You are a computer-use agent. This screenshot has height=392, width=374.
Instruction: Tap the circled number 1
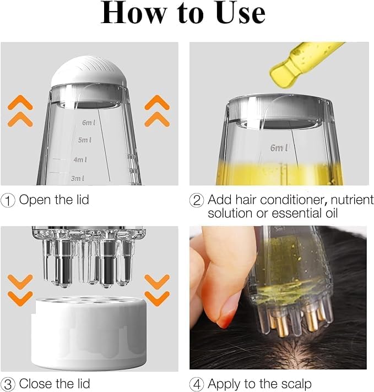(x=9, y=200)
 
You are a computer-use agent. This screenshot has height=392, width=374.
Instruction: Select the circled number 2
(x=197, y=200)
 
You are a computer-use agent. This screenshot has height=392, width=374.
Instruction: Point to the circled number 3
(x=9, y=383)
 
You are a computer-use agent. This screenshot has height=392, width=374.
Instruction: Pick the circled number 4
(x=197, y=383)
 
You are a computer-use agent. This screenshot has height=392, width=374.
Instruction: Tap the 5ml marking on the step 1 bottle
(x=84, y=140)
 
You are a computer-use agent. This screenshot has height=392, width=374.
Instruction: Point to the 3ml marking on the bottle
(x=78, y=178)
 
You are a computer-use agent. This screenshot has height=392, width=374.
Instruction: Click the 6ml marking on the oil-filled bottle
(x=279, y=148)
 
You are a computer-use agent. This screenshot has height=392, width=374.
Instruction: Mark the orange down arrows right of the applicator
(x=157, y=290)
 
